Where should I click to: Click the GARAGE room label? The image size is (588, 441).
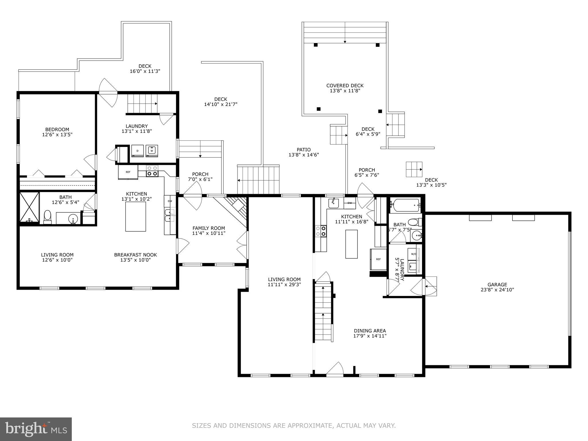tap(497, 285)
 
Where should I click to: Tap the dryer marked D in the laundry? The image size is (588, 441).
tap(138, 151)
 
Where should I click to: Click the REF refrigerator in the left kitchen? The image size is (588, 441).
tap(128, 172)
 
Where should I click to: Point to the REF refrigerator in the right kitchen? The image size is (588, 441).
tap(378, 259)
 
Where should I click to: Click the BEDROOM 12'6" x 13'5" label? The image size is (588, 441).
tap(57, 132)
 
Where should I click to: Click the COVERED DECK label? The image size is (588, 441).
tap(345, 86)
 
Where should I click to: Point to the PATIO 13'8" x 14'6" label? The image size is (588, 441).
tap(303, 152)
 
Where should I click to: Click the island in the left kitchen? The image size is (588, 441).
tap(136, 216)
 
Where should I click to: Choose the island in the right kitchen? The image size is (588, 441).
tap(351, 244)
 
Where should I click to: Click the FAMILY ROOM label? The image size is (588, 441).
tap(209, 228)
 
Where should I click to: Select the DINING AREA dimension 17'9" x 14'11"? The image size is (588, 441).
tap(370, 336)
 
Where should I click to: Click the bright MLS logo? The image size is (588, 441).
tap(36, 429)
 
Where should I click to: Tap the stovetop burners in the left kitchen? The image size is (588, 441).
tap(152, 171)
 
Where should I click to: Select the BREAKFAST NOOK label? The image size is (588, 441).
tap(136, 255)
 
